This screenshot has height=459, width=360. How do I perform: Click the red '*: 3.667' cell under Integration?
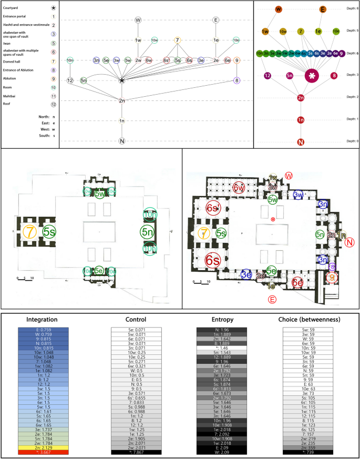47,452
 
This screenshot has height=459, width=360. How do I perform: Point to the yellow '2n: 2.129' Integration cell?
47,447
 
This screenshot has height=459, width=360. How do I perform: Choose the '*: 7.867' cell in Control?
136,452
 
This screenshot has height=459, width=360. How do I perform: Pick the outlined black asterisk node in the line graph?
122,80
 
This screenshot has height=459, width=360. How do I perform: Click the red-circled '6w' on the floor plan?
239,188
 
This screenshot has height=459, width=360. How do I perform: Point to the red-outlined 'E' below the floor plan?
272,300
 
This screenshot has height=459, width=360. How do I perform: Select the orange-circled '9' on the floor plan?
332,277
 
